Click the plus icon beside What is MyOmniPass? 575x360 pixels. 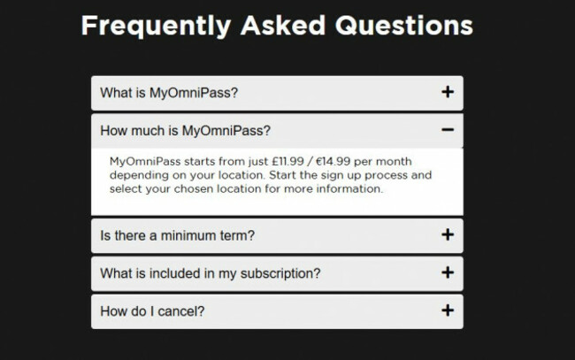(x=448, y=92)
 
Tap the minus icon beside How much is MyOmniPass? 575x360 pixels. (x=448, y=131)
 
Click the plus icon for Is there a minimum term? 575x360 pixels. (x=448, y=235)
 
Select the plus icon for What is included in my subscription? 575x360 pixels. (x=448, y=273)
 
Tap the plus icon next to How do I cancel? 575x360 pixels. (x=448, y=310)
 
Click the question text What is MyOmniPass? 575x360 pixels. (x=169, y=93)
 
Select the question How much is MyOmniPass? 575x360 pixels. (x=186, y=132)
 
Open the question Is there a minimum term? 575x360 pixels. (x=178, y=236)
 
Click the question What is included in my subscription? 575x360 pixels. (x=211, y=274)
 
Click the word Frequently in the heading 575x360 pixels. (x=157, y=26)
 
